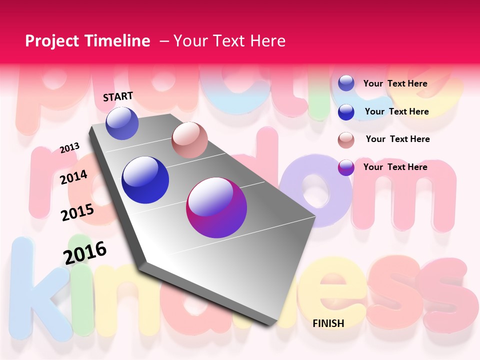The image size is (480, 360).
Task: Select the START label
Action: pyautogui.click(x=118, y=96)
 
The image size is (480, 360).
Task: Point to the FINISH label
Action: pyautogui.click(x=328, y=323)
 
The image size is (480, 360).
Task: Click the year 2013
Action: pyautogui.click(x=70, y=147)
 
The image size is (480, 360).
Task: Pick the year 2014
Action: pyautogui.click(x=74, y=177)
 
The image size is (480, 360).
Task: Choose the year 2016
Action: pyautogui.click(x=85, y=252)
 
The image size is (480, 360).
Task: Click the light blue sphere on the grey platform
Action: pyautogui.click(x=122, y=123)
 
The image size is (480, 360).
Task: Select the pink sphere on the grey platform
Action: pyautogui.click(x=189, y=140)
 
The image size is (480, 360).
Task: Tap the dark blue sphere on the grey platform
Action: pyautogui.click(x=145, y=180)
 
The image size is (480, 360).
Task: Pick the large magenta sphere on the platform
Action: pyautogui.click(x=216, y=207)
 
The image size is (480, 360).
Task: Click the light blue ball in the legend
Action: pyautogui.click(x=346, y=83)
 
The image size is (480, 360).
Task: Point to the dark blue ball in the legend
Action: pyautogui.click(x=346, y=112)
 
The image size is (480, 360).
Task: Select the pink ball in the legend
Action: pyautogui.click(x=346, y=140)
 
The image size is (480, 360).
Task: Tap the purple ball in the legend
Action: pyautogui.click(x=346, y=167)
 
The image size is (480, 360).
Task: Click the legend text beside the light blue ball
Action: pyautogui.click(x=395, y=83)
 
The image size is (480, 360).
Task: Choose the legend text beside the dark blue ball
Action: pyautogui.click(x=396, y=111)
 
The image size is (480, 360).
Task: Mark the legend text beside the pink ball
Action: pyautogui.click(x=397, y=139)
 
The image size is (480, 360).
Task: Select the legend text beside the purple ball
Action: pyautogui.click(x=395, y=167)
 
